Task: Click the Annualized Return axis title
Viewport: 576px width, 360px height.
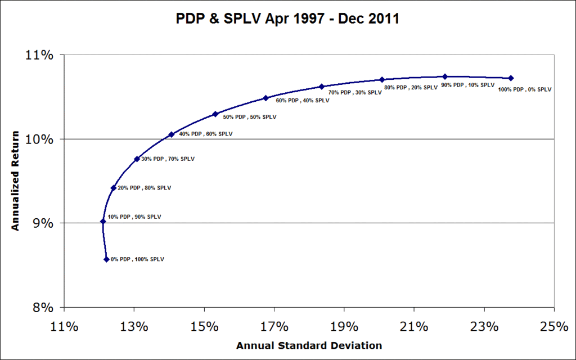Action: pyautogui.click(x=16, y=181)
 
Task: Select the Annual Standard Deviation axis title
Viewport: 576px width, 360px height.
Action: pyautogui.click(x=309, y=345)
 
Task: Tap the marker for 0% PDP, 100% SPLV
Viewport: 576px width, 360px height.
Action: pyautogui.click(x=106, y=259)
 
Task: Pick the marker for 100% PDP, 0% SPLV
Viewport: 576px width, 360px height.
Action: pyautogui.click(x=511, y=78)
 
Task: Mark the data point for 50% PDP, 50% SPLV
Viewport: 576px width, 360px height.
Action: pyautogui.click(x=215, y=114)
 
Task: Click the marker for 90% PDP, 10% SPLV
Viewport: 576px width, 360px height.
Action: pyautogui.click(x=445, y=76)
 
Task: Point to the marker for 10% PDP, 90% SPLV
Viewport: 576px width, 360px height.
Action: pyautogui.click(x=103, y=221)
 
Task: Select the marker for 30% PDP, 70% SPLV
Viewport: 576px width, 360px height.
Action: pyautogui.click(x=137, y=159)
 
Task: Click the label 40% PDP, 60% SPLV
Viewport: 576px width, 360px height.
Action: pyautogui.click(x=205, y=134)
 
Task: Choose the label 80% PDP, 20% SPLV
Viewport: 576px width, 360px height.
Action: pyautogui.click(x=411, y=88)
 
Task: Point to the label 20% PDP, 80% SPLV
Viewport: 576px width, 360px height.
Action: pyautogui.click(x=144, y=188)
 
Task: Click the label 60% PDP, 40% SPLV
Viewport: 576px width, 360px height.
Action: pyautogui.click(x=303, y=101)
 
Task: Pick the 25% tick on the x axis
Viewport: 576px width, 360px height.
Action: pyautogui.click(x=554, y=326)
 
